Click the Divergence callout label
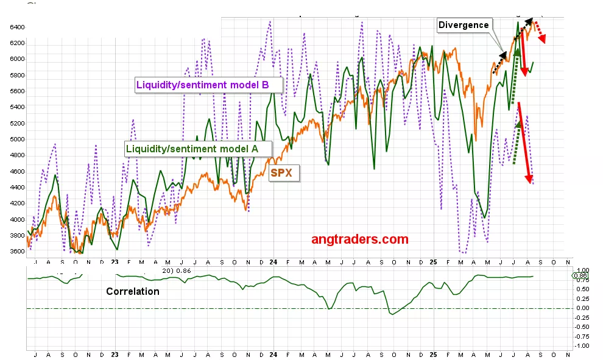click(464, 25)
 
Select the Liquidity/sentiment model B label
click(202, 85)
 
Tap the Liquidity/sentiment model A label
click(192, 148)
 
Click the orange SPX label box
click(281, 173)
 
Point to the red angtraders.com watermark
click(359, 239)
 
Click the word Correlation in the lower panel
click(133, 291)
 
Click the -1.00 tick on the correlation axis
click(582, 345)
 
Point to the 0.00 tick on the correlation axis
click(583, 308)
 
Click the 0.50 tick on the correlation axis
click(583, 289)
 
